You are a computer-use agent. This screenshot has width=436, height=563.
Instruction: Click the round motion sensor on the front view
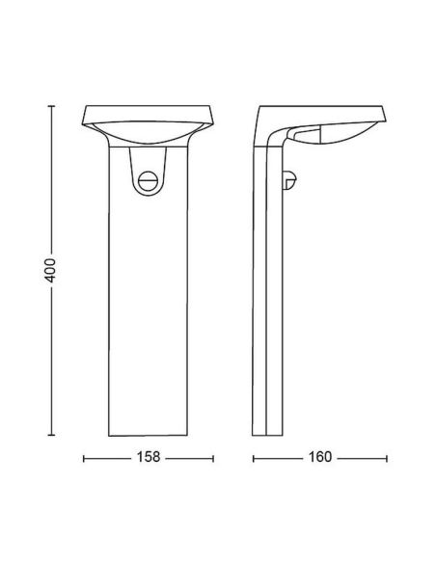tap(148, 181)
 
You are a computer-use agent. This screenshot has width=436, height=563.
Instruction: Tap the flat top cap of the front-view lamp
tap(149, 109)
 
